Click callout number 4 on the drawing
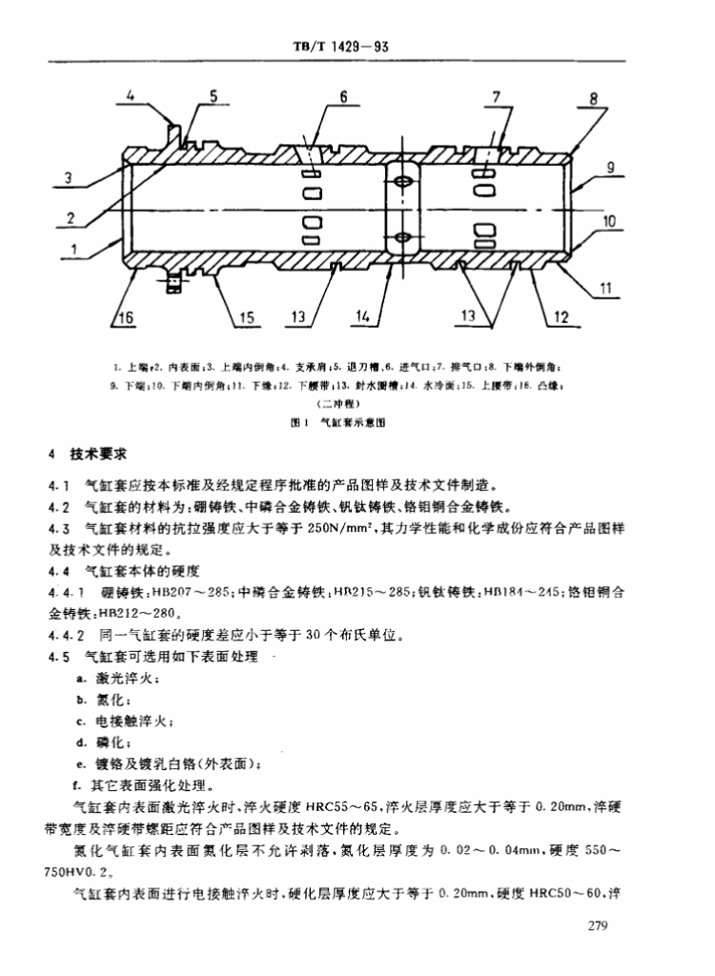coord(131,95)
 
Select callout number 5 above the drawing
coord(214,95)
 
